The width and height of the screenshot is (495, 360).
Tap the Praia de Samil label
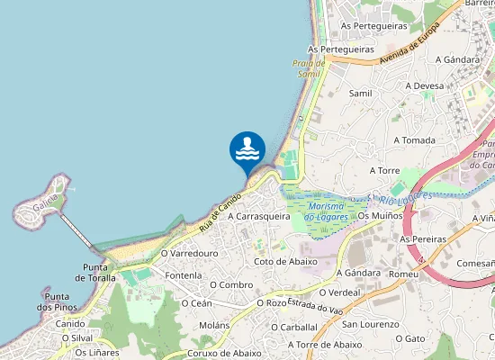(308, 68)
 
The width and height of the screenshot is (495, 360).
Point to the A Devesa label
(425, 86)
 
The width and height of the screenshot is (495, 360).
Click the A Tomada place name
(414, 140)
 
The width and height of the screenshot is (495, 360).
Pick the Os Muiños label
(378, 216)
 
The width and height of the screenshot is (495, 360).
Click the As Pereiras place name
(424, 240)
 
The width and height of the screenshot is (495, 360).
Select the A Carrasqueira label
(259, 217)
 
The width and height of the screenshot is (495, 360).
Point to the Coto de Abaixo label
(286, 261)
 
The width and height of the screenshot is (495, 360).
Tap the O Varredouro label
(191, 254)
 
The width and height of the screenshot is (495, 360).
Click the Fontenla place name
(184, 275)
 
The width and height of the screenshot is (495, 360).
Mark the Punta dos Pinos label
(58, 302)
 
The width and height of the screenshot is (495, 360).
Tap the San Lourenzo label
(369, 324)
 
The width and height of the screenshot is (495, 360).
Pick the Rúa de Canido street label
(221, 210)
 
